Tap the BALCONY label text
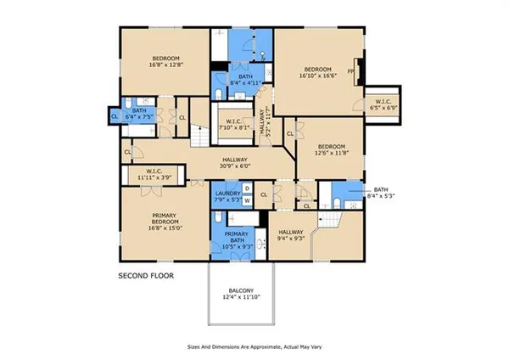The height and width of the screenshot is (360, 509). pyautogui.click(x=241, y=290)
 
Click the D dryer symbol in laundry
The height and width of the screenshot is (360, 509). pyautogui.click(x=248, y=188)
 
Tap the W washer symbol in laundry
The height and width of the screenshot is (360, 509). pyautogui.click(x=248, y=200)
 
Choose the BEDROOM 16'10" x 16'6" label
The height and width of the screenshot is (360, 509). pyautogui.click(x=318, y=71)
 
